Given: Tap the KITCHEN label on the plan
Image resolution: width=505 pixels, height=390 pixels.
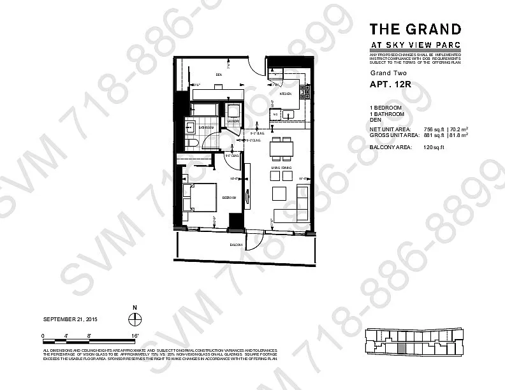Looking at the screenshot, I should tap(284, 94).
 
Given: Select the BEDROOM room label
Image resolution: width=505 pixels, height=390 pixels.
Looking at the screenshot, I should tap(229, 198).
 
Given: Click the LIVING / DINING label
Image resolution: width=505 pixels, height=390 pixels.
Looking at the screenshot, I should tap(281, 167).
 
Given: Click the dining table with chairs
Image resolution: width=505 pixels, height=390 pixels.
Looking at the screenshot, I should tap(281, 148).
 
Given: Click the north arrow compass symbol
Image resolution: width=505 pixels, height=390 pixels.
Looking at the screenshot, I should tap(135, 321).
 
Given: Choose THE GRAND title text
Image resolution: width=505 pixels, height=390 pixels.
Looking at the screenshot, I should tap(415, 29).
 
